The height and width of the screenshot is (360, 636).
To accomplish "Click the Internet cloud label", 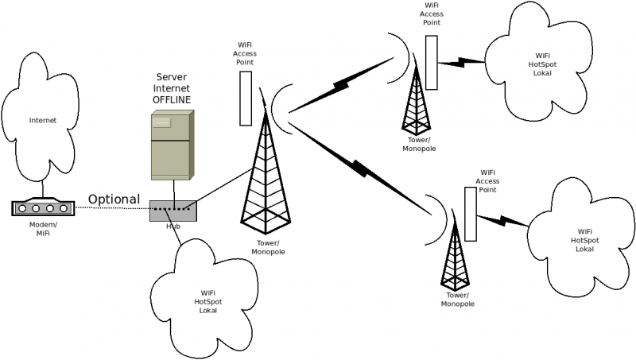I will click(x=43, y=121).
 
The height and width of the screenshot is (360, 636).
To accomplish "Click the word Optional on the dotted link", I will click(x=114, y=199).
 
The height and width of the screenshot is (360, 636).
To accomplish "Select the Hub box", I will click(x=173, y=211).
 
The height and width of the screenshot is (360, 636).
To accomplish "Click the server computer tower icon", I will click(x=172, y=145).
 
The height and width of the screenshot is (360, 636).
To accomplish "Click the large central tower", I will click(x=265, y=179).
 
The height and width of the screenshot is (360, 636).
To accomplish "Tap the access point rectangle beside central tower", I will click(x=246, y=99).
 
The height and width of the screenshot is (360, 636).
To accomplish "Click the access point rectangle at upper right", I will click(x=432, y=62).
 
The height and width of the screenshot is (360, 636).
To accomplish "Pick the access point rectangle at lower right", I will click(x=471, y=215).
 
